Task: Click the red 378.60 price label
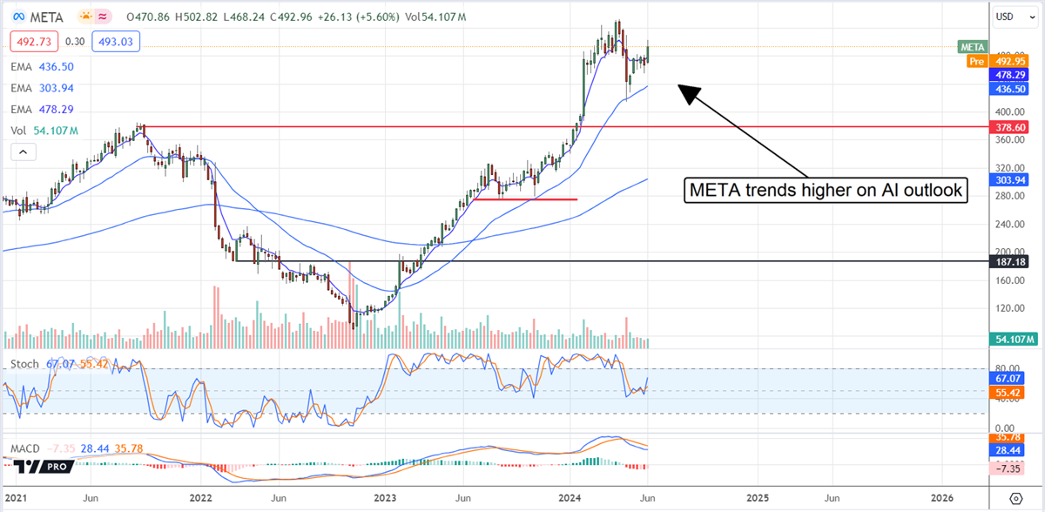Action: (1015, 127)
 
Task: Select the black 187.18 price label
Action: (1015, 261)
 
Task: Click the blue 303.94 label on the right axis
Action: (1015, 179)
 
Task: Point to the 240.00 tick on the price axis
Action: (1008, 224)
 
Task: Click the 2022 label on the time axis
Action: (200, 499)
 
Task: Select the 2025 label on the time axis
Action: (757, 499)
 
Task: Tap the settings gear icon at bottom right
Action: (1015, 498)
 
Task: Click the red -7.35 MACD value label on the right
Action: (1013, 468)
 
